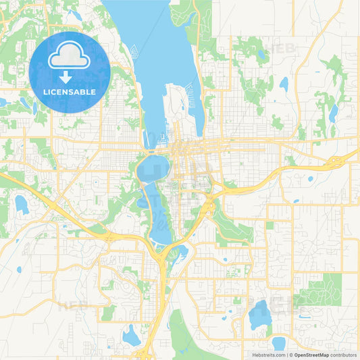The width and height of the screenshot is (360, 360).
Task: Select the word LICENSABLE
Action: click(x=70, y=91)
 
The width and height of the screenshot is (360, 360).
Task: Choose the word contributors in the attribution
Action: click(x=343, y=354)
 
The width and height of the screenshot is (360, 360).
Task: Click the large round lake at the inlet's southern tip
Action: click(x=152, y=170)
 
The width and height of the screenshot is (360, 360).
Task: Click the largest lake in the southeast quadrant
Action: click(x=259, y=315)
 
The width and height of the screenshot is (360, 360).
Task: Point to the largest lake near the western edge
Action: click(x=22, y=204)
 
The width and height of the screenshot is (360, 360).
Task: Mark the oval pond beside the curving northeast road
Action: click(x=284, y=84)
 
